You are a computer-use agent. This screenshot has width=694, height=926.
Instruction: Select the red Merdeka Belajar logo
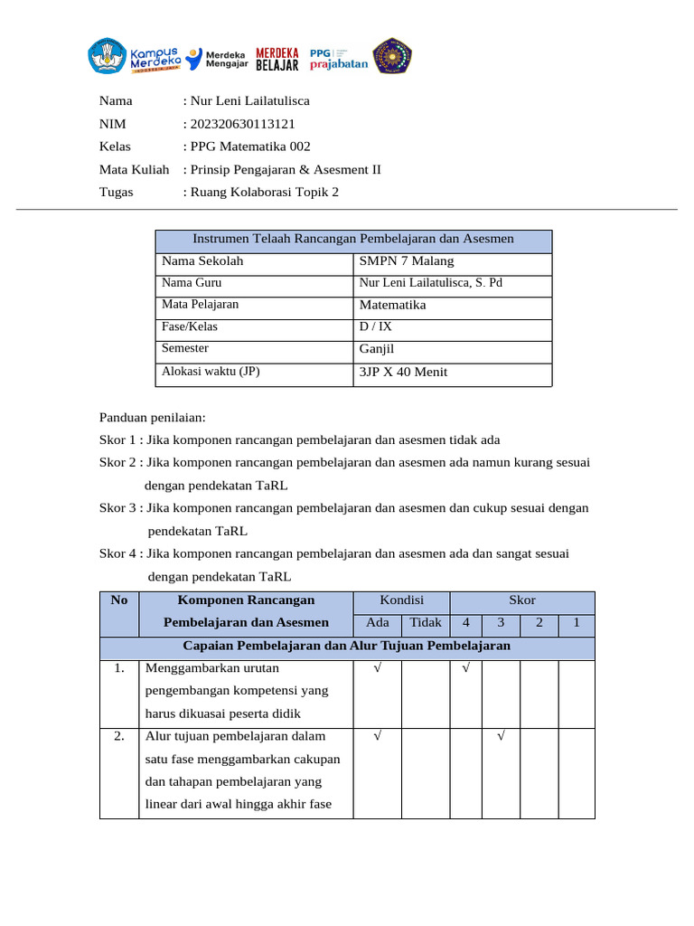[x=277, y=57]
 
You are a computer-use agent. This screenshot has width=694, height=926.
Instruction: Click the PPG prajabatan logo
[x=338, y=57]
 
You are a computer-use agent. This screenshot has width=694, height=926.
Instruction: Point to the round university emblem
[x=393, y=56]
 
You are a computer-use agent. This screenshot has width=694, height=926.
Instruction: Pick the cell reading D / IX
[x=376, y=327]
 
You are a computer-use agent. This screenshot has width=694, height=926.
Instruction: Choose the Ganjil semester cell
[x=377, y=349]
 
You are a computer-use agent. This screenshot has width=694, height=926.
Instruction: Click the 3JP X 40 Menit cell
[x=403, y=372]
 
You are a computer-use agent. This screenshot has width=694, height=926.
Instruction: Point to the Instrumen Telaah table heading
[x=353, y=239]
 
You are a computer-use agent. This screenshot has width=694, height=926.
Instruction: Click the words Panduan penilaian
[x=153, y=418]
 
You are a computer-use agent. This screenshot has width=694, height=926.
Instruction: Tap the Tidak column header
[x=426, y=622]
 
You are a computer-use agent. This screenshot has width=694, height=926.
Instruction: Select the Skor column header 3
[x=500, y=622]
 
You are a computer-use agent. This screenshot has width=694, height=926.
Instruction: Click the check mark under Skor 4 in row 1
[x=465, y=669]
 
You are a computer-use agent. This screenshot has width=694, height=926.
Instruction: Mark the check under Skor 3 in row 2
[x=500, y=737]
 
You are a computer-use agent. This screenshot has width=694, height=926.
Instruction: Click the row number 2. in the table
[x=118, y=736]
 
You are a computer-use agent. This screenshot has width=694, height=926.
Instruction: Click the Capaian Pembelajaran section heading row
[x=347, y=647]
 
